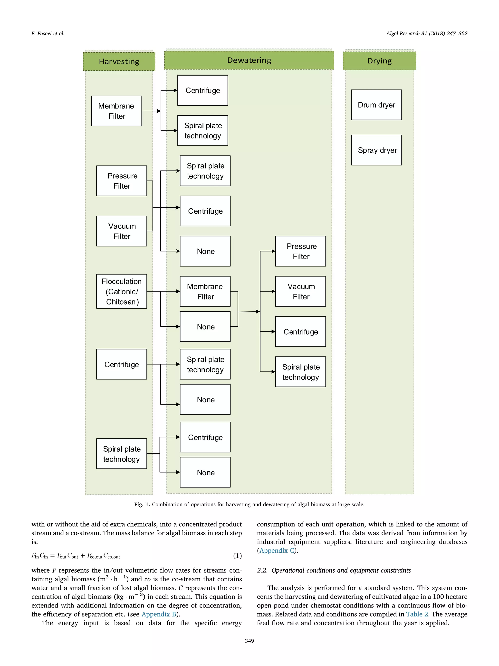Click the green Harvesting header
click(119, 61)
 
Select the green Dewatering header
click(249, 60)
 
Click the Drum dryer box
click(376, 105)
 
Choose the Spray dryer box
click(376, 150)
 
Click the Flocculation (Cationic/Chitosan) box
click(122, 291)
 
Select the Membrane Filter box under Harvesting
click(116, 111)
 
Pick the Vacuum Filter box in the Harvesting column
click(122, 231)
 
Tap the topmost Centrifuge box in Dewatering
click(202, 90)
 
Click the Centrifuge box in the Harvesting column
click(122, 364)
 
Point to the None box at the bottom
click(205, 472)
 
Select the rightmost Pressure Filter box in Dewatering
click(300, 251)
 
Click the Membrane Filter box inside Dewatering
click(205, 291)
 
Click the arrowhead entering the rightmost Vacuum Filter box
click(273, 291)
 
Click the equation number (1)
click(237, 556)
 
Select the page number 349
click(249, 641)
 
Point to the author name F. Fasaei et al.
click(48, 33)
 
